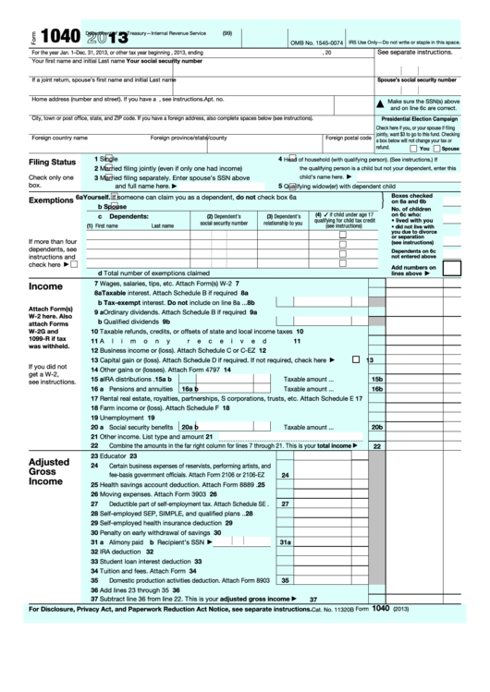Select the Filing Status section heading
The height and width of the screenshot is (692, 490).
(x=52, y=162)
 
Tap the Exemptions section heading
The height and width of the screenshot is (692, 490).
(x=51, y=200)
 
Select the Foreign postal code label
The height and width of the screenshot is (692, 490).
(x=347, y=138)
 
